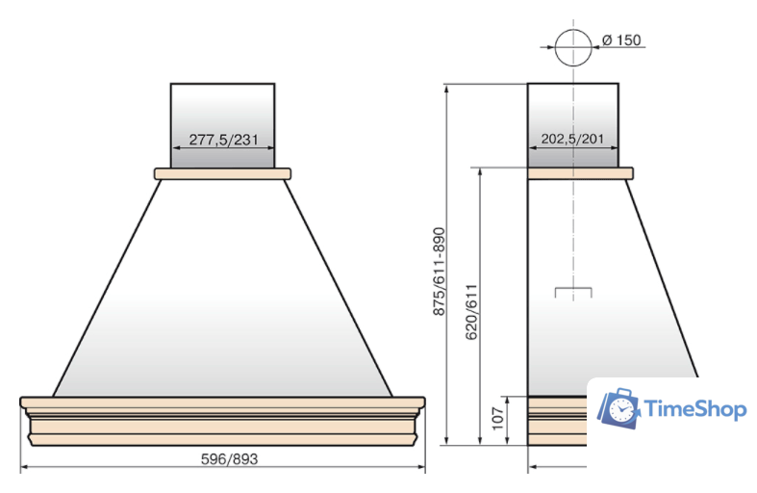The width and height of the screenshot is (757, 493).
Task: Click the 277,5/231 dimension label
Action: (223, 140)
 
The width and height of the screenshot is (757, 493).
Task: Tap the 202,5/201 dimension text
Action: (572, 139)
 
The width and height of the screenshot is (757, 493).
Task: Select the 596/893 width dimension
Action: (229, 458)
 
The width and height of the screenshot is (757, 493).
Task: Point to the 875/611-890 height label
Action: (439, 272)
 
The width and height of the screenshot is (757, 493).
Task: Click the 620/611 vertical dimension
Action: (471, 312)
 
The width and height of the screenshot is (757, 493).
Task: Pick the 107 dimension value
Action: (497, 418)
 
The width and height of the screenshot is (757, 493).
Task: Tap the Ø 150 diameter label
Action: (621, 40)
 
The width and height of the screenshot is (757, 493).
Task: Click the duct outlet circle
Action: (573, 47)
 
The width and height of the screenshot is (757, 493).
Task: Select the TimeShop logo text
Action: (694, 409)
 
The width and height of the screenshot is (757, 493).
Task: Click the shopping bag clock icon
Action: (618, 408)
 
